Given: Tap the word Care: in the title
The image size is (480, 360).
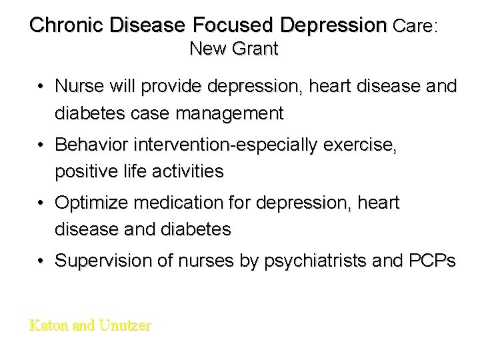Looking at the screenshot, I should coord(415,26).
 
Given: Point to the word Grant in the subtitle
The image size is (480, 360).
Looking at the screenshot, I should coord(256,49).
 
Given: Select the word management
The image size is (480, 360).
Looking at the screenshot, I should coord(227,114).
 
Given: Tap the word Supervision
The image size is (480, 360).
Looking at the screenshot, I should coord(99,260).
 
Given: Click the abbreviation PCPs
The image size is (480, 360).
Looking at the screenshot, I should coord(433,260).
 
